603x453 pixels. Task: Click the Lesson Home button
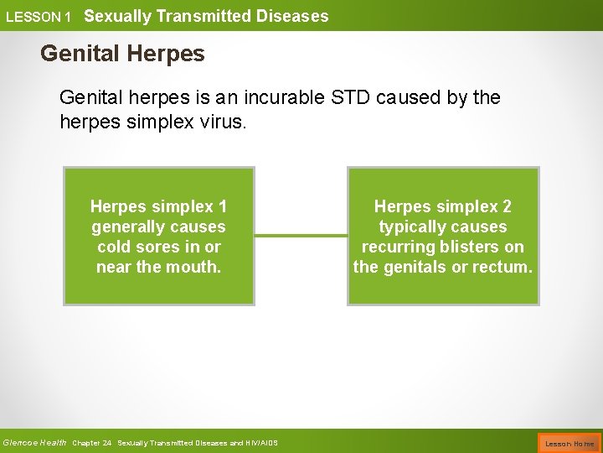coord(569,443)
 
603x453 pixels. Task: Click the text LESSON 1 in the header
coord(39,17)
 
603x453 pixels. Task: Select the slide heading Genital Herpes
coord(122,55)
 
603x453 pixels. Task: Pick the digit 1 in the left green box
coord(222,206)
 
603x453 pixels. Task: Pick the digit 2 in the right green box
coord(507,206)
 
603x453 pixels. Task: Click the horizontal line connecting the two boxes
coord(301,236)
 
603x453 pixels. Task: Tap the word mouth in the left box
coord(198,267)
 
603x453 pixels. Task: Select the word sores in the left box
coord(165,247)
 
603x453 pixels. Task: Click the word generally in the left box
coord(126,226)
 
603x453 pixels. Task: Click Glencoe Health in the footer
coord(34,443)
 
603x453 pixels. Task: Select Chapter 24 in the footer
coord(92,443)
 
